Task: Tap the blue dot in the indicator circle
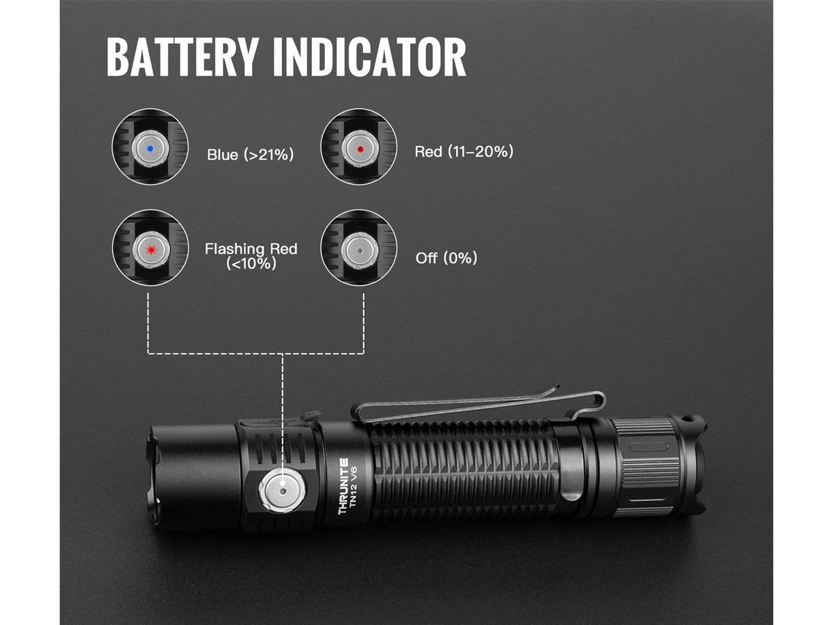[x=151, y=147]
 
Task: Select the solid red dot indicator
[x=359, y=147]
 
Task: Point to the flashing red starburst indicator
[x=151, y=249]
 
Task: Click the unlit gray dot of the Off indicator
[x=359, y=249]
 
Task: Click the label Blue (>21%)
[x=250, y=154]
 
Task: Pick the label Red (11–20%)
[x=464, y=151]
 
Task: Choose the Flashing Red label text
[x=251, y=249]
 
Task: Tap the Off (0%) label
[x=446, y=258]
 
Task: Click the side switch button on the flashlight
[x=283, y=492]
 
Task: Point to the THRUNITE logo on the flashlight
[x=343, y=486]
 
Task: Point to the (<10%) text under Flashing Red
[x=251, y=264]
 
